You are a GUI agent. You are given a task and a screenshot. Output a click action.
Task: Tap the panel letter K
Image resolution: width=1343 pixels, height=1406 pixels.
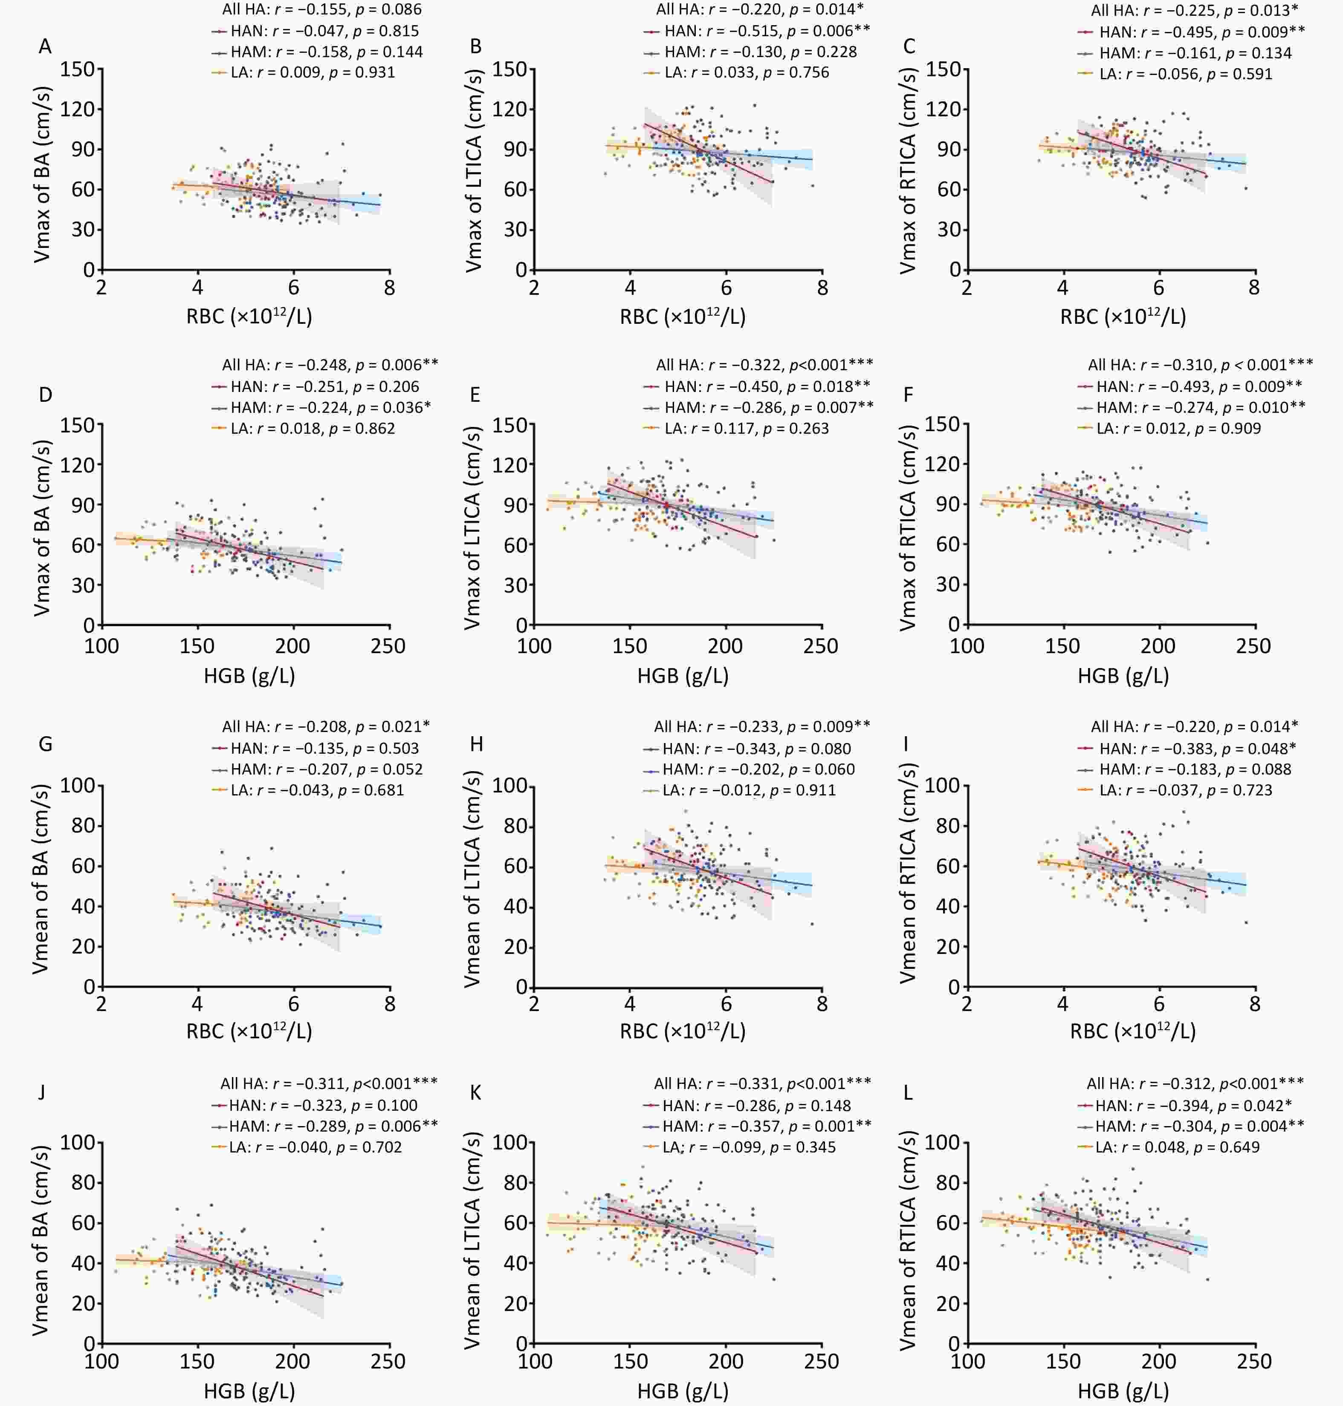tap(475, 1092)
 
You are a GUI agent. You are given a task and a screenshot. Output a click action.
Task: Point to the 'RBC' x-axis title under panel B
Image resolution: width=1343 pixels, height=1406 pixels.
tap(682, 316)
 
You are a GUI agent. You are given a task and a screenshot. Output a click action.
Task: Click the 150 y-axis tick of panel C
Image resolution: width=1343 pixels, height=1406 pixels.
tap(943, 69)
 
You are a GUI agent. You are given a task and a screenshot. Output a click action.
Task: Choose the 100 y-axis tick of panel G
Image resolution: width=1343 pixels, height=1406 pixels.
tap(77, 786)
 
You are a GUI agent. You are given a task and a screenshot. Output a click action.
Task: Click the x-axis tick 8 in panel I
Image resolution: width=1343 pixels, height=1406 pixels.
tap(1254, 1004)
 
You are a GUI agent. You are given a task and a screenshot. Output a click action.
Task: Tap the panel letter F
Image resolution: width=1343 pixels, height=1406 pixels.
tap(909, 395)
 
